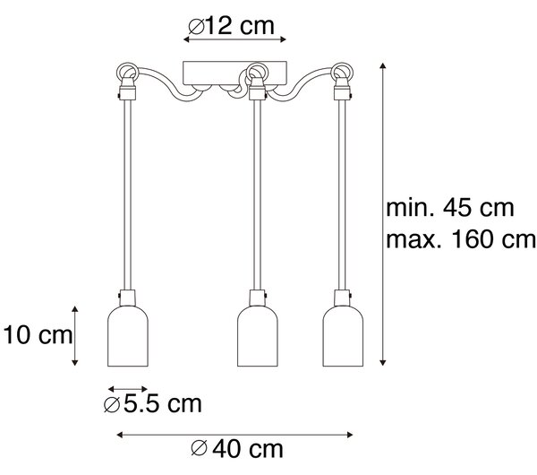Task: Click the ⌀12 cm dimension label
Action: point(232,25)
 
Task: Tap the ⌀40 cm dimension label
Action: point(237,449)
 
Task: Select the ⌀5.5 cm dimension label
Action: point(153,404)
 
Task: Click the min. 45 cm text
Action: point(450,208)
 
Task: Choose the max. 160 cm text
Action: point(461,239)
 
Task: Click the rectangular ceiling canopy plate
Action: point(234,73)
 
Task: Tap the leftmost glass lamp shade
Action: point(128,336)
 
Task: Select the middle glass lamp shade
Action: point(258,336)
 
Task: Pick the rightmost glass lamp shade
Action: point(343,336)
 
